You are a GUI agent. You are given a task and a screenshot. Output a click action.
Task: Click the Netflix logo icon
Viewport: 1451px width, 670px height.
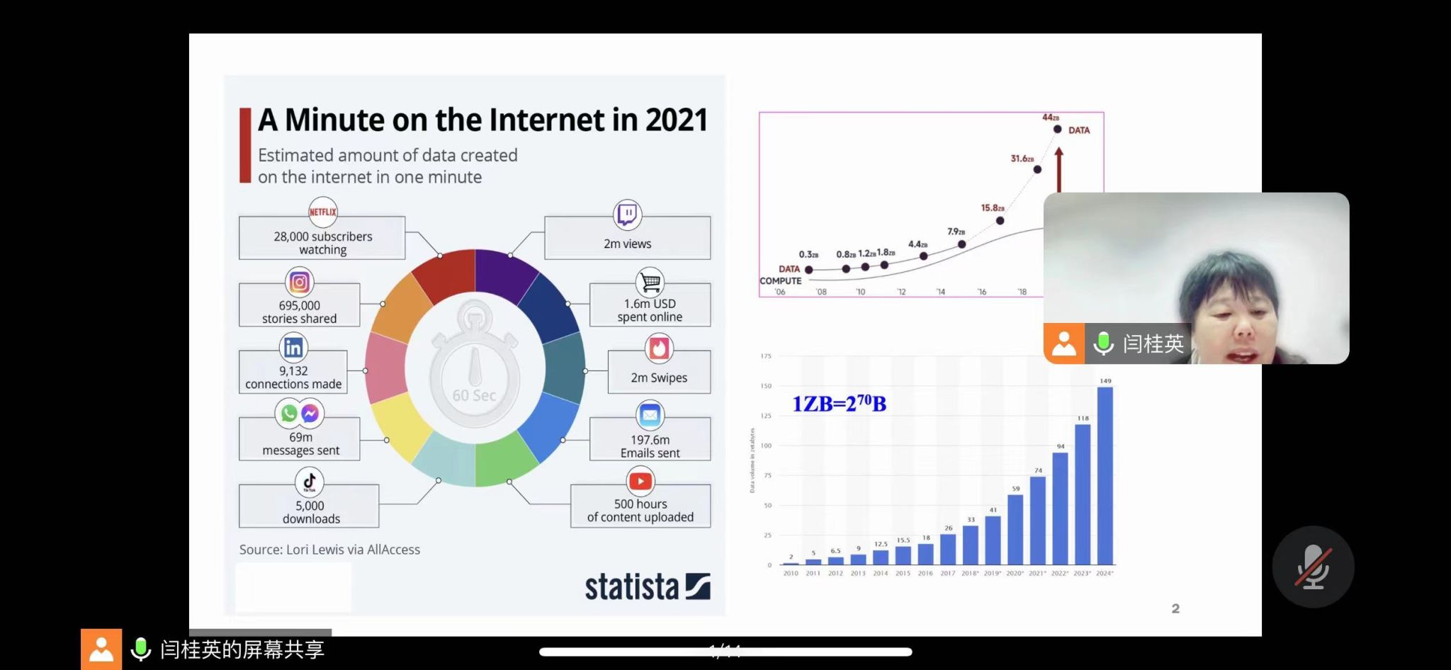click(x=322, y=212)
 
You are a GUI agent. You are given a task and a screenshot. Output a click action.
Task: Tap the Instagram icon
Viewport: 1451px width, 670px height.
click(x=299, y=283)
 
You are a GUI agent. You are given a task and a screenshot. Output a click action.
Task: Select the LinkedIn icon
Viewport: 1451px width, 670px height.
click(x=293, y=347)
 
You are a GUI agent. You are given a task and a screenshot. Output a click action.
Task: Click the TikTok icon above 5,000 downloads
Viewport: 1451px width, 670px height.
click(x=310, y=482)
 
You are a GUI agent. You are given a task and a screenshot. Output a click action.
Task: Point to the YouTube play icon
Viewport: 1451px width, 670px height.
click(x=640, y=482)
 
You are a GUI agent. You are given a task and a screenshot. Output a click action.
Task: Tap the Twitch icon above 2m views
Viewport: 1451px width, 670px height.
click(x=627, y=214)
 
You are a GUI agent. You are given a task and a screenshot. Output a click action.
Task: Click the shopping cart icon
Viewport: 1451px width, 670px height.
click(x=650, y=282)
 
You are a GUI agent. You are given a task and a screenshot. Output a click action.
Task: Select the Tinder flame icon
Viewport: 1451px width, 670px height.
click(x=659, y=348)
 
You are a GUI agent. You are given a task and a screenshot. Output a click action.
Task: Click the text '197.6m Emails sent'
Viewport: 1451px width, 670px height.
click(x=650, y=446)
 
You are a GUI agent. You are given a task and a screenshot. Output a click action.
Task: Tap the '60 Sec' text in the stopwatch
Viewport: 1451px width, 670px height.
click(x=474, y=395)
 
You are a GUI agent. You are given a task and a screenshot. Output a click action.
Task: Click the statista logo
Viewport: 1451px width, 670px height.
click(x=647, y=587)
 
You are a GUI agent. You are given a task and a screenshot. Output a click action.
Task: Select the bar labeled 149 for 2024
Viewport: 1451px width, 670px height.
click(x=1105, y=475)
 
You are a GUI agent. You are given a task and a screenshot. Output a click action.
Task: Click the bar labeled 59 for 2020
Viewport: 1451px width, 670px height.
click(x=1015, y=529)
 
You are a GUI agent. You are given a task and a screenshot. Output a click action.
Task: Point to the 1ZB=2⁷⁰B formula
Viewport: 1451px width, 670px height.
click(x=839, y=404)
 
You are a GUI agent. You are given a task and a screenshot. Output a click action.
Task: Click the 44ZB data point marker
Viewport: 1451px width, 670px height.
click(x=1057, y=129)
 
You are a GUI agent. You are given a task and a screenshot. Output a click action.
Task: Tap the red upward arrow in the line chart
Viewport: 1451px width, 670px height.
click(x=1058, y=169)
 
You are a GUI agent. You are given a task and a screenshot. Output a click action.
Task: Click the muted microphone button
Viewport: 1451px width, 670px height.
click(x=1313, y=567)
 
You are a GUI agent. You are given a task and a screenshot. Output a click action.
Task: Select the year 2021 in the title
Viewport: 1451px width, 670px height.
click(x=676, y=120)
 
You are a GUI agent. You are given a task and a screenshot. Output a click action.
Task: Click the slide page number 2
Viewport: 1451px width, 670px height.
click(x=1175, y=608)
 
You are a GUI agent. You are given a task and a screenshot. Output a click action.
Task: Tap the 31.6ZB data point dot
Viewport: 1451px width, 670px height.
click(x=1037, y=169)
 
